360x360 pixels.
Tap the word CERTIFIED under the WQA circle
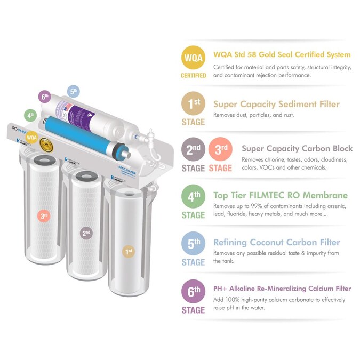click(193, 76)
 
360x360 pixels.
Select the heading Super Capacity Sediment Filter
click(276, 104)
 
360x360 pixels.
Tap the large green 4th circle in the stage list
click(193, 198)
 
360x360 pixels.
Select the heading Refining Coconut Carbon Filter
click(276, 242)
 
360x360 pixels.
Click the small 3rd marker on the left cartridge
click(44, 216)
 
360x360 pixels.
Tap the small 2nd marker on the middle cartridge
click(86, 233)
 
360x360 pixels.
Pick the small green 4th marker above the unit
click(31, 115)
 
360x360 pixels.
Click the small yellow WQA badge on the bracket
click(31, 138)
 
